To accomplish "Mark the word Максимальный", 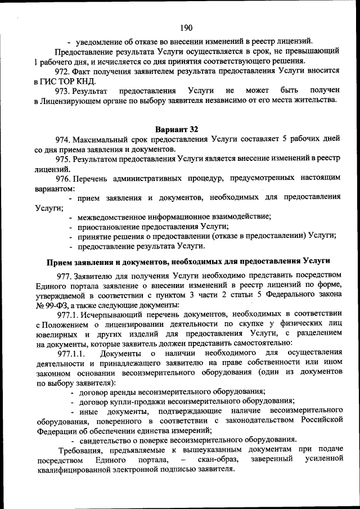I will [101, 139].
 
